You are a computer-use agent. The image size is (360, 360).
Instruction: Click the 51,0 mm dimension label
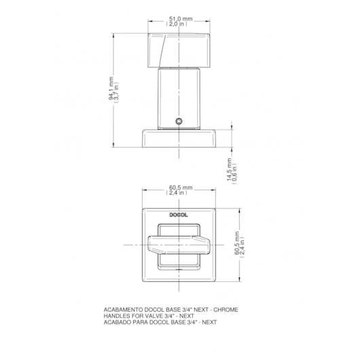coord(181,19)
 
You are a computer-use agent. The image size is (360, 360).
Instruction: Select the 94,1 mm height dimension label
coord(111,88)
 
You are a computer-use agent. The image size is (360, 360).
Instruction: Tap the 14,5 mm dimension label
coord(229,169)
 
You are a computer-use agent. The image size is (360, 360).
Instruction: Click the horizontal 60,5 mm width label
coord(181,187)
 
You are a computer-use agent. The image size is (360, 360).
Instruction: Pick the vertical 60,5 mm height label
coord(236,243)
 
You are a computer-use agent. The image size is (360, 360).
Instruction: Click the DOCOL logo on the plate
coord(179,215)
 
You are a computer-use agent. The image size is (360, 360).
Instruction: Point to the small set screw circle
coord(179,121)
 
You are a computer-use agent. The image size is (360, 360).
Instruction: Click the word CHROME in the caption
coord(226,310)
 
